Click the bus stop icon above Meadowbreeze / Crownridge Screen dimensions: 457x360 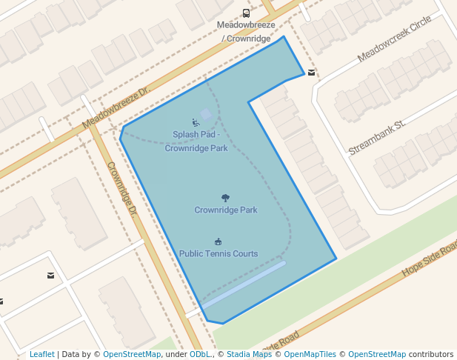click(x=246, y=13)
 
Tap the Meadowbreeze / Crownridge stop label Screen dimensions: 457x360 click(x=246, y=31)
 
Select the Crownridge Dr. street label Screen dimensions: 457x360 click(x=122, y=189)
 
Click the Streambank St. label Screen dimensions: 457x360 click(x=378, y=137)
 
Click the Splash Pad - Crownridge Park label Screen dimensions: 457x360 click(x=196, y=141)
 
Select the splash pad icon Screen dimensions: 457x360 click(x=196, y=122)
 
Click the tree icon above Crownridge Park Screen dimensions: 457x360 click(x=226, y=198)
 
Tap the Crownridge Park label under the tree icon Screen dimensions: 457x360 click(x=226, y=210)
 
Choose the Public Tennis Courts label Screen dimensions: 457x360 click(x=219, y=254)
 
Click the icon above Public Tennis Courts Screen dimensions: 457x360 click(x=219, y=241)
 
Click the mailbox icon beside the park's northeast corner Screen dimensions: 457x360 click(x=312, y=73)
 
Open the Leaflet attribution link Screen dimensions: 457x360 click(x=41, y=355)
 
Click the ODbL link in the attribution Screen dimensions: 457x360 click(x=200, y=355)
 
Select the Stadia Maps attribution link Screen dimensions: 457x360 click(x=249, y=355)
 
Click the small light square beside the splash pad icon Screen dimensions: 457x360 click(x=207, y=114)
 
